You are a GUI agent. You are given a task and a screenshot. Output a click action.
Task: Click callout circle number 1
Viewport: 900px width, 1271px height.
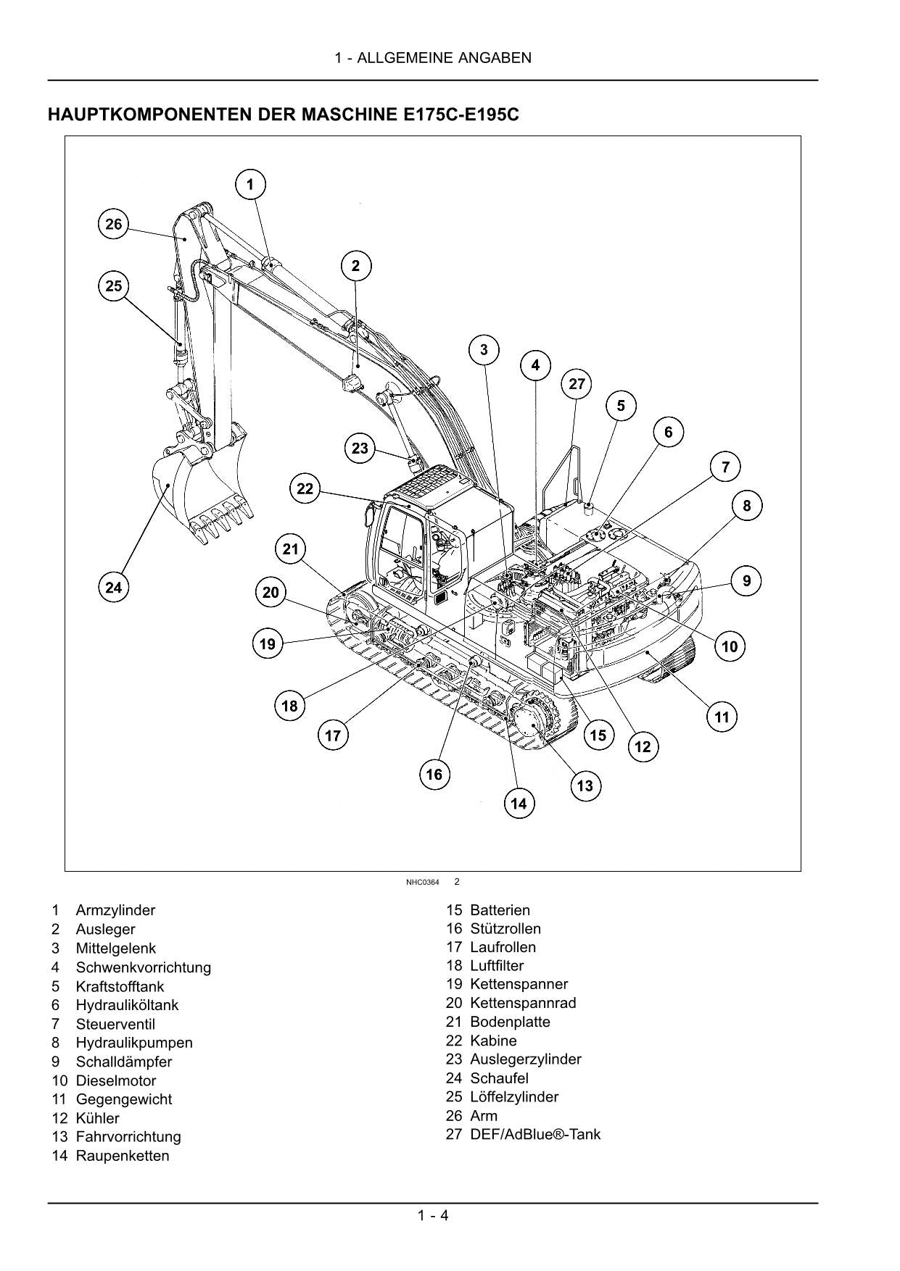pos(250,185)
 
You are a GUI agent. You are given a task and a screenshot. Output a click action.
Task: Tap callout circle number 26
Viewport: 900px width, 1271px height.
pos(114,224)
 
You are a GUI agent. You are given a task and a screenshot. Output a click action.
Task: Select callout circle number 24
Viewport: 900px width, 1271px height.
pos(114,588)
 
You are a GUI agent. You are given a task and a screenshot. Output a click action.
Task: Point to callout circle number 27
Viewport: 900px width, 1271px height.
pos(577,384)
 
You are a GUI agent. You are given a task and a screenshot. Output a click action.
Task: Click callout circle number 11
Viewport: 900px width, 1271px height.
pos(722,717)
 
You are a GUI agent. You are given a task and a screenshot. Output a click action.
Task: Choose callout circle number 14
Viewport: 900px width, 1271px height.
pos(519,803)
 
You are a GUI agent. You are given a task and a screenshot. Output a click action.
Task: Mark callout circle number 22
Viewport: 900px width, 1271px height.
pos(305,488)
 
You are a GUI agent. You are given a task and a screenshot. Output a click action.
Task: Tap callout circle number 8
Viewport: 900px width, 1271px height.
pos(747,505)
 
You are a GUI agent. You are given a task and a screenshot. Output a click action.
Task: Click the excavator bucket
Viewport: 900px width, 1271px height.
pos(199,493)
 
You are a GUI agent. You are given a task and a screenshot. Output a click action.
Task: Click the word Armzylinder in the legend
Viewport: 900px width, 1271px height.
pos(115,910)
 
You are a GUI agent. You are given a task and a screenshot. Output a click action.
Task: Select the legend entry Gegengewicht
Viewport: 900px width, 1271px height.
pos(123,1099)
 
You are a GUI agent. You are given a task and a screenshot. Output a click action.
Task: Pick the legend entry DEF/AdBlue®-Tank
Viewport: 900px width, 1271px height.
pos(534,1134)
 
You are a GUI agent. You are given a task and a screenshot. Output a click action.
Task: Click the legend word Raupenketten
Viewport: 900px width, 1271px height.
pos(122,1156)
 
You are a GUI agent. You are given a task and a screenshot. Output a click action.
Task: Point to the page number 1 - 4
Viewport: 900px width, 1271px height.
pos(433,1215)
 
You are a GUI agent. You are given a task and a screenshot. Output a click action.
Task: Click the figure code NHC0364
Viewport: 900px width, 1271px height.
pos(422,882)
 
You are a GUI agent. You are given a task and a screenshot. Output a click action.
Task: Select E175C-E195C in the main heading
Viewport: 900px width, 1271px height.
pos(458,114)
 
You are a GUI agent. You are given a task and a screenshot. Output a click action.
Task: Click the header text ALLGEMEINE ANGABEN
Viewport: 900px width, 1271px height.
pos(445,58)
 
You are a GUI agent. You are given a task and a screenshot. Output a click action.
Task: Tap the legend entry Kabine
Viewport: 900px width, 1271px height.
pos(493,1041)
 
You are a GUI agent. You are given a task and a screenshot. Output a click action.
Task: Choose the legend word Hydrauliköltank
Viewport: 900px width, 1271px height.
pos(127,1005)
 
